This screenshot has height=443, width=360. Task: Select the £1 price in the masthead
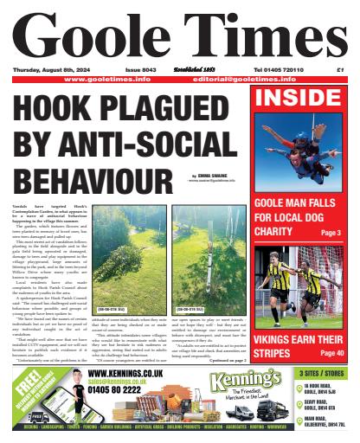coord(341,69)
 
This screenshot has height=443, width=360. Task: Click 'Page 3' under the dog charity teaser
coord(331,233)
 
